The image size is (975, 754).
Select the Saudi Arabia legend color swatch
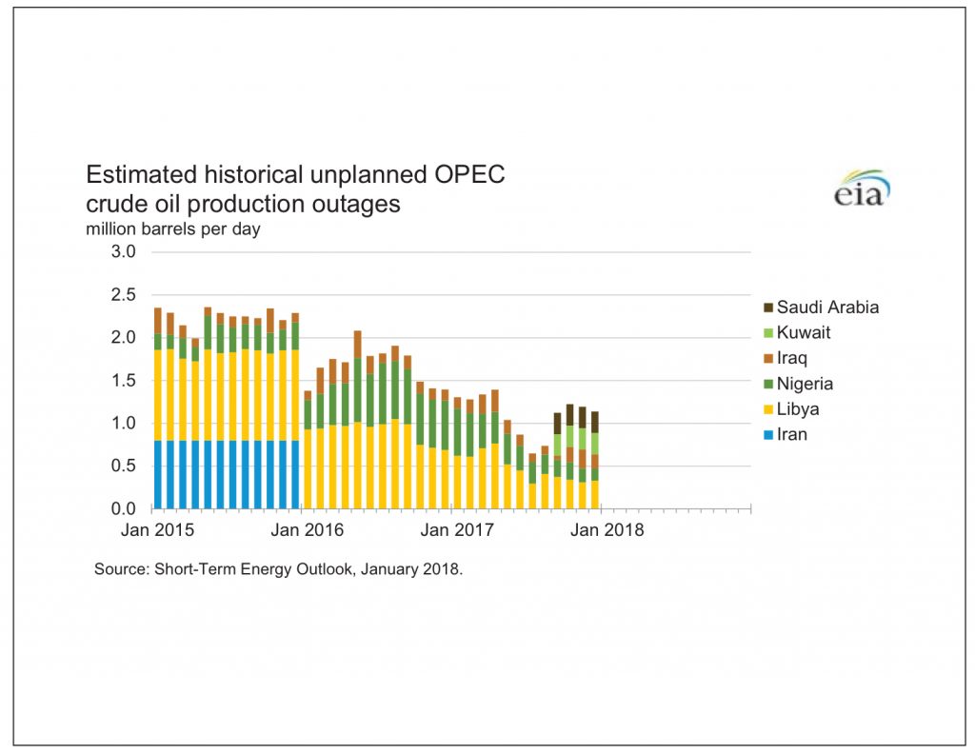coord(766,308)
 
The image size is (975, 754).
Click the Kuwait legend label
coord(804,333)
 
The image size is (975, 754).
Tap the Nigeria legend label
coord(805,384)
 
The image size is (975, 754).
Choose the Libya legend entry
coord(797,409)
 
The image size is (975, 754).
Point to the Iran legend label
coord(792,435)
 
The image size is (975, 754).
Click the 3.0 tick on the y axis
coord(125,252)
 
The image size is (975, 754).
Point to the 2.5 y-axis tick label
coord(125,295)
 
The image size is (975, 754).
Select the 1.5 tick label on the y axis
coord(125,380)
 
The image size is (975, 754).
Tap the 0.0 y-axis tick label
coord(125,508)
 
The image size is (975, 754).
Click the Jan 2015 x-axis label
coord(153,530)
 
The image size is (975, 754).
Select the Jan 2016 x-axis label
coord(302,530)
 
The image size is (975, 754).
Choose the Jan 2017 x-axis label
coord(450,530)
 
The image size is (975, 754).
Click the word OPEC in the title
coord(465,175)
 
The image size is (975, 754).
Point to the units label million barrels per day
coord(172,228)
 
